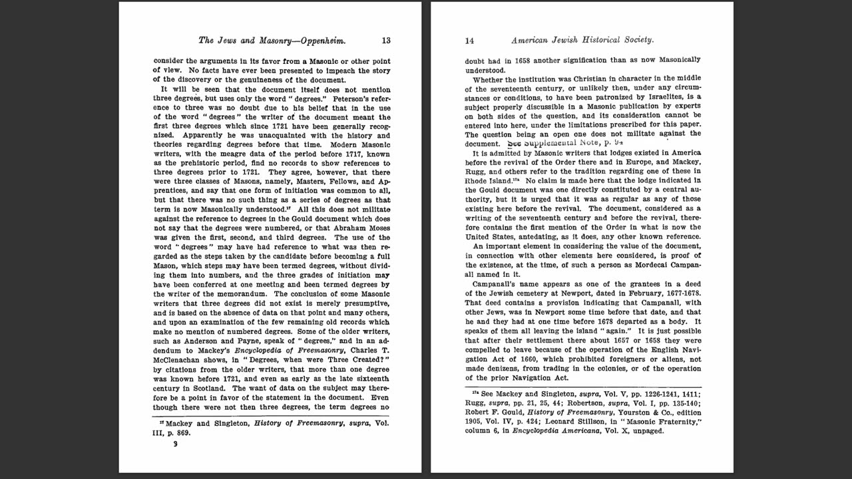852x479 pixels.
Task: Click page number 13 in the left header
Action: [x=386, y=41]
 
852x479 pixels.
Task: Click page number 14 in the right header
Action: [x=469, y=41]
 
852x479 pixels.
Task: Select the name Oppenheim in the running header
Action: [x=322, y=41]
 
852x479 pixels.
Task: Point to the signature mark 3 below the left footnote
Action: [x=175, y=444]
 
